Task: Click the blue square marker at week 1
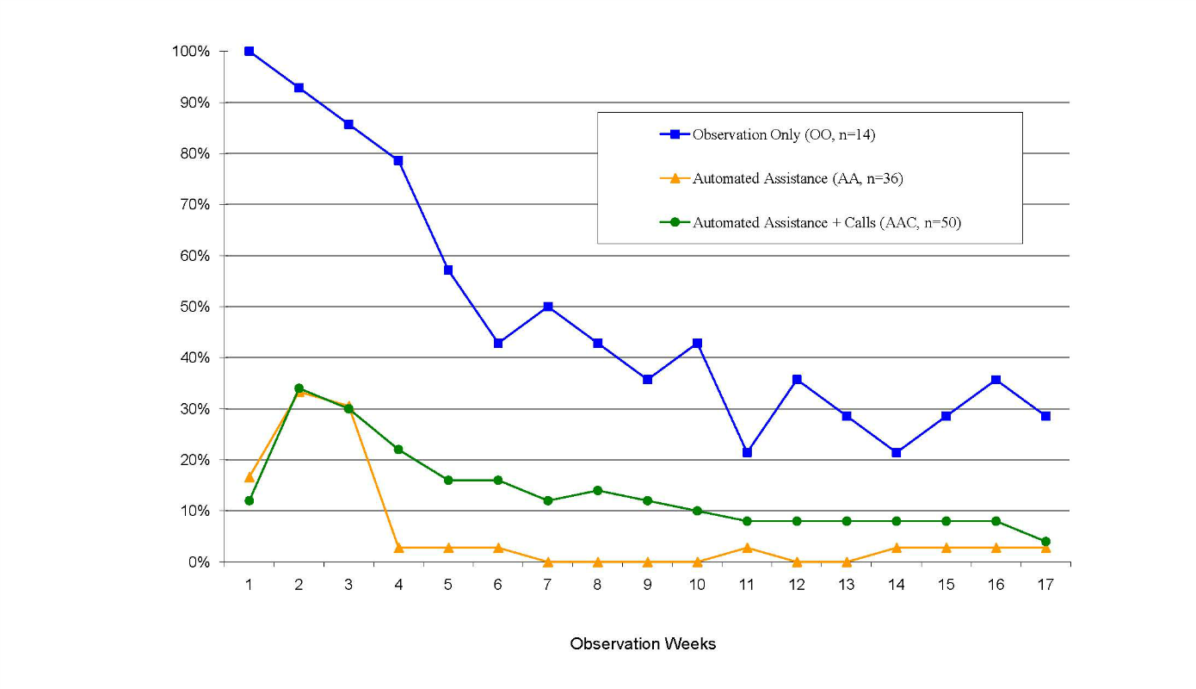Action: coord(249,52)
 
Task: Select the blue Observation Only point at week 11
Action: coord(747,452)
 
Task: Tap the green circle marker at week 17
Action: coord(1045,542)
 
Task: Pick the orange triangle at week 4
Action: coord(398,547)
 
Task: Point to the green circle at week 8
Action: coord(597,491)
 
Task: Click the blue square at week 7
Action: coord(547,307)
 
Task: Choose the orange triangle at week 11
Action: coord(747,547)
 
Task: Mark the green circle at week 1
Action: coord(249,500)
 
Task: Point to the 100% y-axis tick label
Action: coord(190,52)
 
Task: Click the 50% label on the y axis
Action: coord(194,307)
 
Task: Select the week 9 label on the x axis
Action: coord(647,584)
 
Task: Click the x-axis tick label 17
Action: coord(1045,584)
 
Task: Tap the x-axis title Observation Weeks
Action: coord(643,644)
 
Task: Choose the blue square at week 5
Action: coord(448,270)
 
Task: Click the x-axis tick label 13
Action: coord(847,584)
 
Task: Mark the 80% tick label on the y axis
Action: coord(194,153)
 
